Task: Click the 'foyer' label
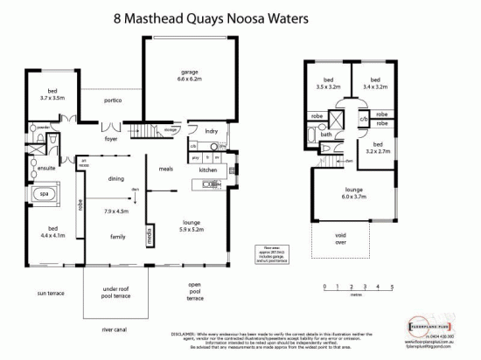pos(111,138)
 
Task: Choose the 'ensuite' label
pos(45,166)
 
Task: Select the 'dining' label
pos(114,178)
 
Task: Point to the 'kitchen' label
pos(207,170)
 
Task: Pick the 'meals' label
pos(165,168)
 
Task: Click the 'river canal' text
pos(116,330)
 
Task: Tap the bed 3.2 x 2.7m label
pos(377,149)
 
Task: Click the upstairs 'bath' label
pos(324,135)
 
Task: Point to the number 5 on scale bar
pos(393,286)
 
